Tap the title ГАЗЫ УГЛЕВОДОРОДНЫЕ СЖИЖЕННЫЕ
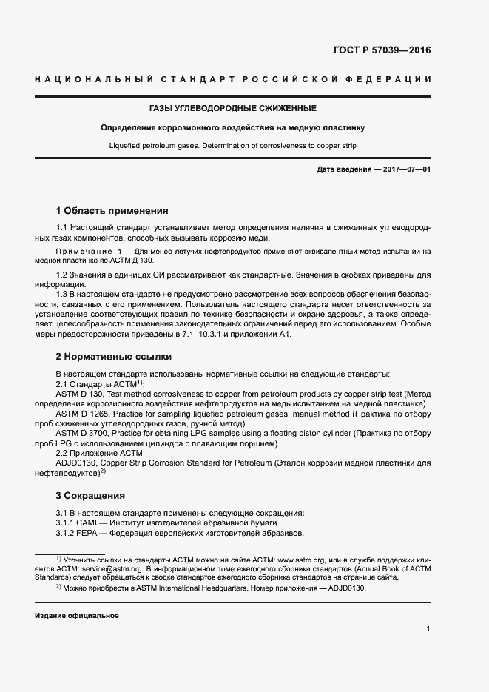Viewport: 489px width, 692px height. (x=243, y=108)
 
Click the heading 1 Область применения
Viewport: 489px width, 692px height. (x=112, y=210)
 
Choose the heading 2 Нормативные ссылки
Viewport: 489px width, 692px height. (x=113, y=355)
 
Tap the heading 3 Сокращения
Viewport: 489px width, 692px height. (x=90, y=495)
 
